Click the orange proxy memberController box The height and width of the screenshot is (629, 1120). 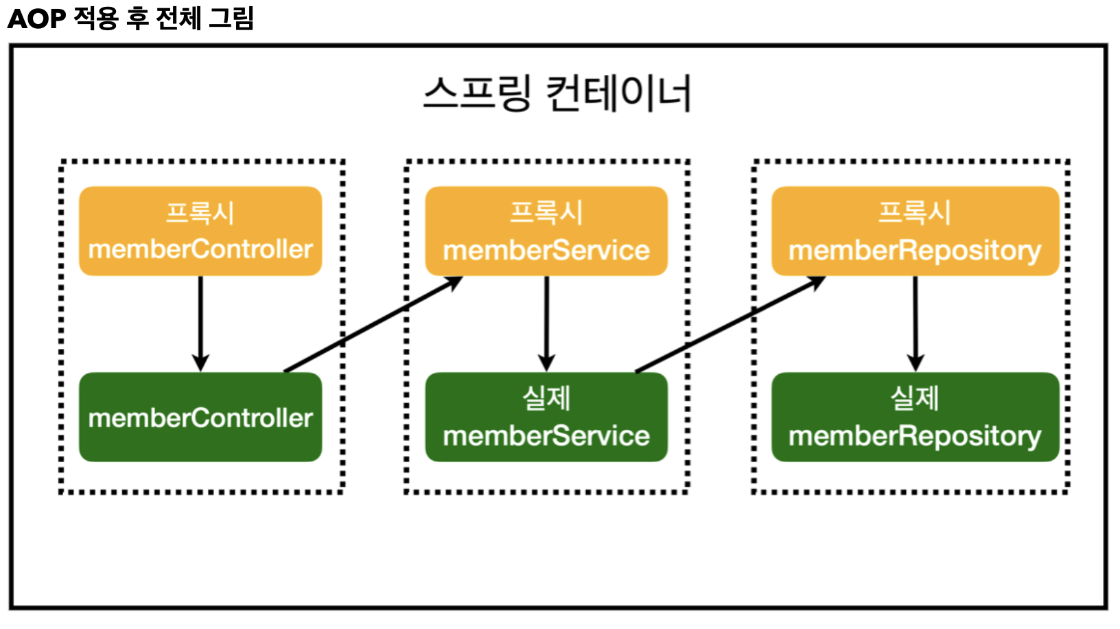200,231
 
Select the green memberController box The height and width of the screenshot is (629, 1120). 200,417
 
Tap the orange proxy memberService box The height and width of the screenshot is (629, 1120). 546,231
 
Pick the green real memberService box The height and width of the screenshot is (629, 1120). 546,417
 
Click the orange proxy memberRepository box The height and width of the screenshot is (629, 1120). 915,231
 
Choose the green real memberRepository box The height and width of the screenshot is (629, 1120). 915,417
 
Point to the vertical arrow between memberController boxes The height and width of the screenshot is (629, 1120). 200,323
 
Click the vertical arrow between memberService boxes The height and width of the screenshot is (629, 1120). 546,323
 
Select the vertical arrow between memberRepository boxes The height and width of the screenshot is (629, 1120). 915,323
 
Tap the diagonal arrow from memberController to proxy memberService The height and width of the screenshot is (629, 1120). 373,324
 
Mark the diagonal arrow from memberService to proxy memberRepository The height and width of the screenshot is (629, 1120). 730,324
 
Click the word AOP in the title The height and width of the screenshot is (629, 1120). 36,19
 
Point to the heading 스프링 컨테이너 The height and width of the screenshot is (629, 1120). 557,93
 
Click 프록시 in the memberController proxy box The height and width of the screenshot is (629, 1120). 200,212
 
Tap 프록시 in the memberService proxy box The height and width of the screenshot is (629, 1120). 546,212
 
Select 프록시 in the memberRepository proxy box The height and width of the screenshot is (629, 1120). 915,212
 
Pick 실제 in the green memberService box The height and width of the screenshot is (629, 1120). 546,398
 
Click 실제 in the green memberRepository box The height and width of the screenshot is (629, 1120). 915,398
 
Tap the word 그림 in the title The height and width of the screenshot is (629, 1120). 231,19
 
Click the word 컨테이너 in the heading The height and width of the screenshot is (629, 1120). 619,93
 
